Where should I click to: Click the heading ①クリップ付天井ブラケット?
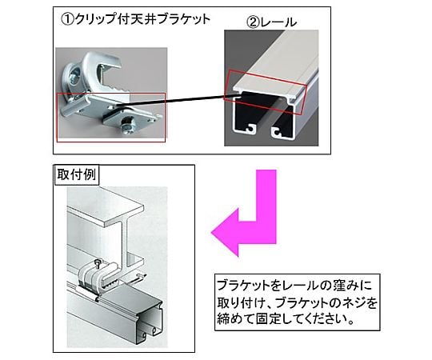coord(135,19)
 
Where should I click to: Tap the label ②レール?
coord(272,22)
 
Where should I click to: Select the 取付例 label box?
coord(76,174)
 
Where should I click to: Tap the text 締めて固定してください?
coord(282,319)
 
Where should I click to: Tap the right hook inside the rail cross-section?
coord(277,131)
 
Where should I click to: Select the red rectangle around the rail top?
coord(266,93)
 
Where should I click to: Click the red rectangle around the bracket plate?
coord(111,118)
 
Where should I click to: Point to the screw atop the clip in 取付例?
coord(98,262)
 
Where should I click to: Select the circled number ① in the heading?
coord(67,20)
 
